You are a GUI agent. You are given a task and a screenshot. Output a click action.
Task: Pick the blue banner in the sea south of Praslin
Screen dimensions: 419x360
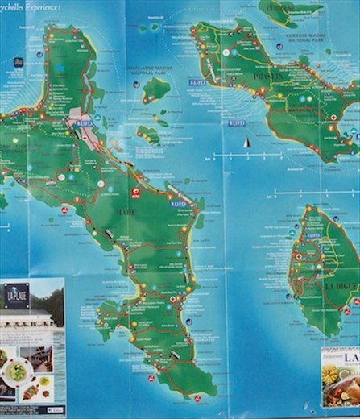coord(235,124)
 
